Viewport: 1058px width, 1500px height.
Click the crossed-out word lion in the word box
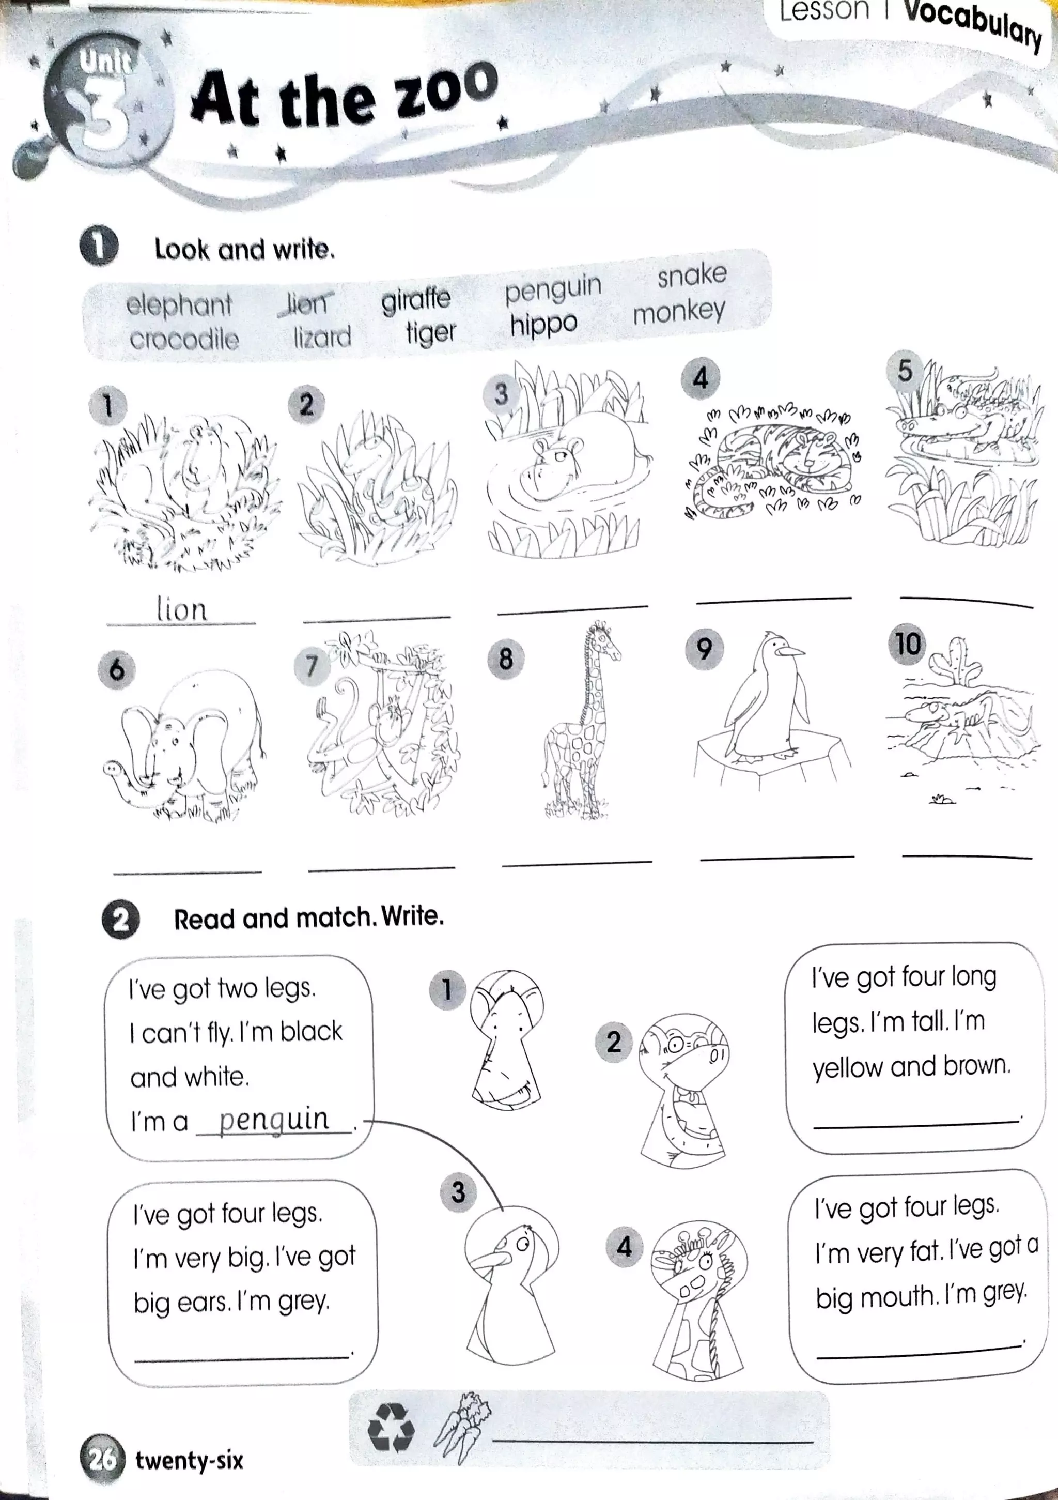[306, 304]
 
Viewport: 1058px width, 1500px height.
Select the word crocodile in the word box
[184, 339]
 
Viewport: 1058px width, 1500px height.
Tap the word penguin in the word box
[553, 289]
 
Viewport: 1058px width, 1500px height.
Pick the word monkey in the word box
[679, 312]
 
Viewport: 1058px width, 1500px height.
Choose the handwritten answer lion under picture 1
[181, 609]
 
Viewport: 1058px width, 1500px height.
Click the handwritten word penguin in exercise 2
[274, 1119]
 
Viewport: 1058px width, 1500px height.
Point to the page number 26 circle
[102, 1459]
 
